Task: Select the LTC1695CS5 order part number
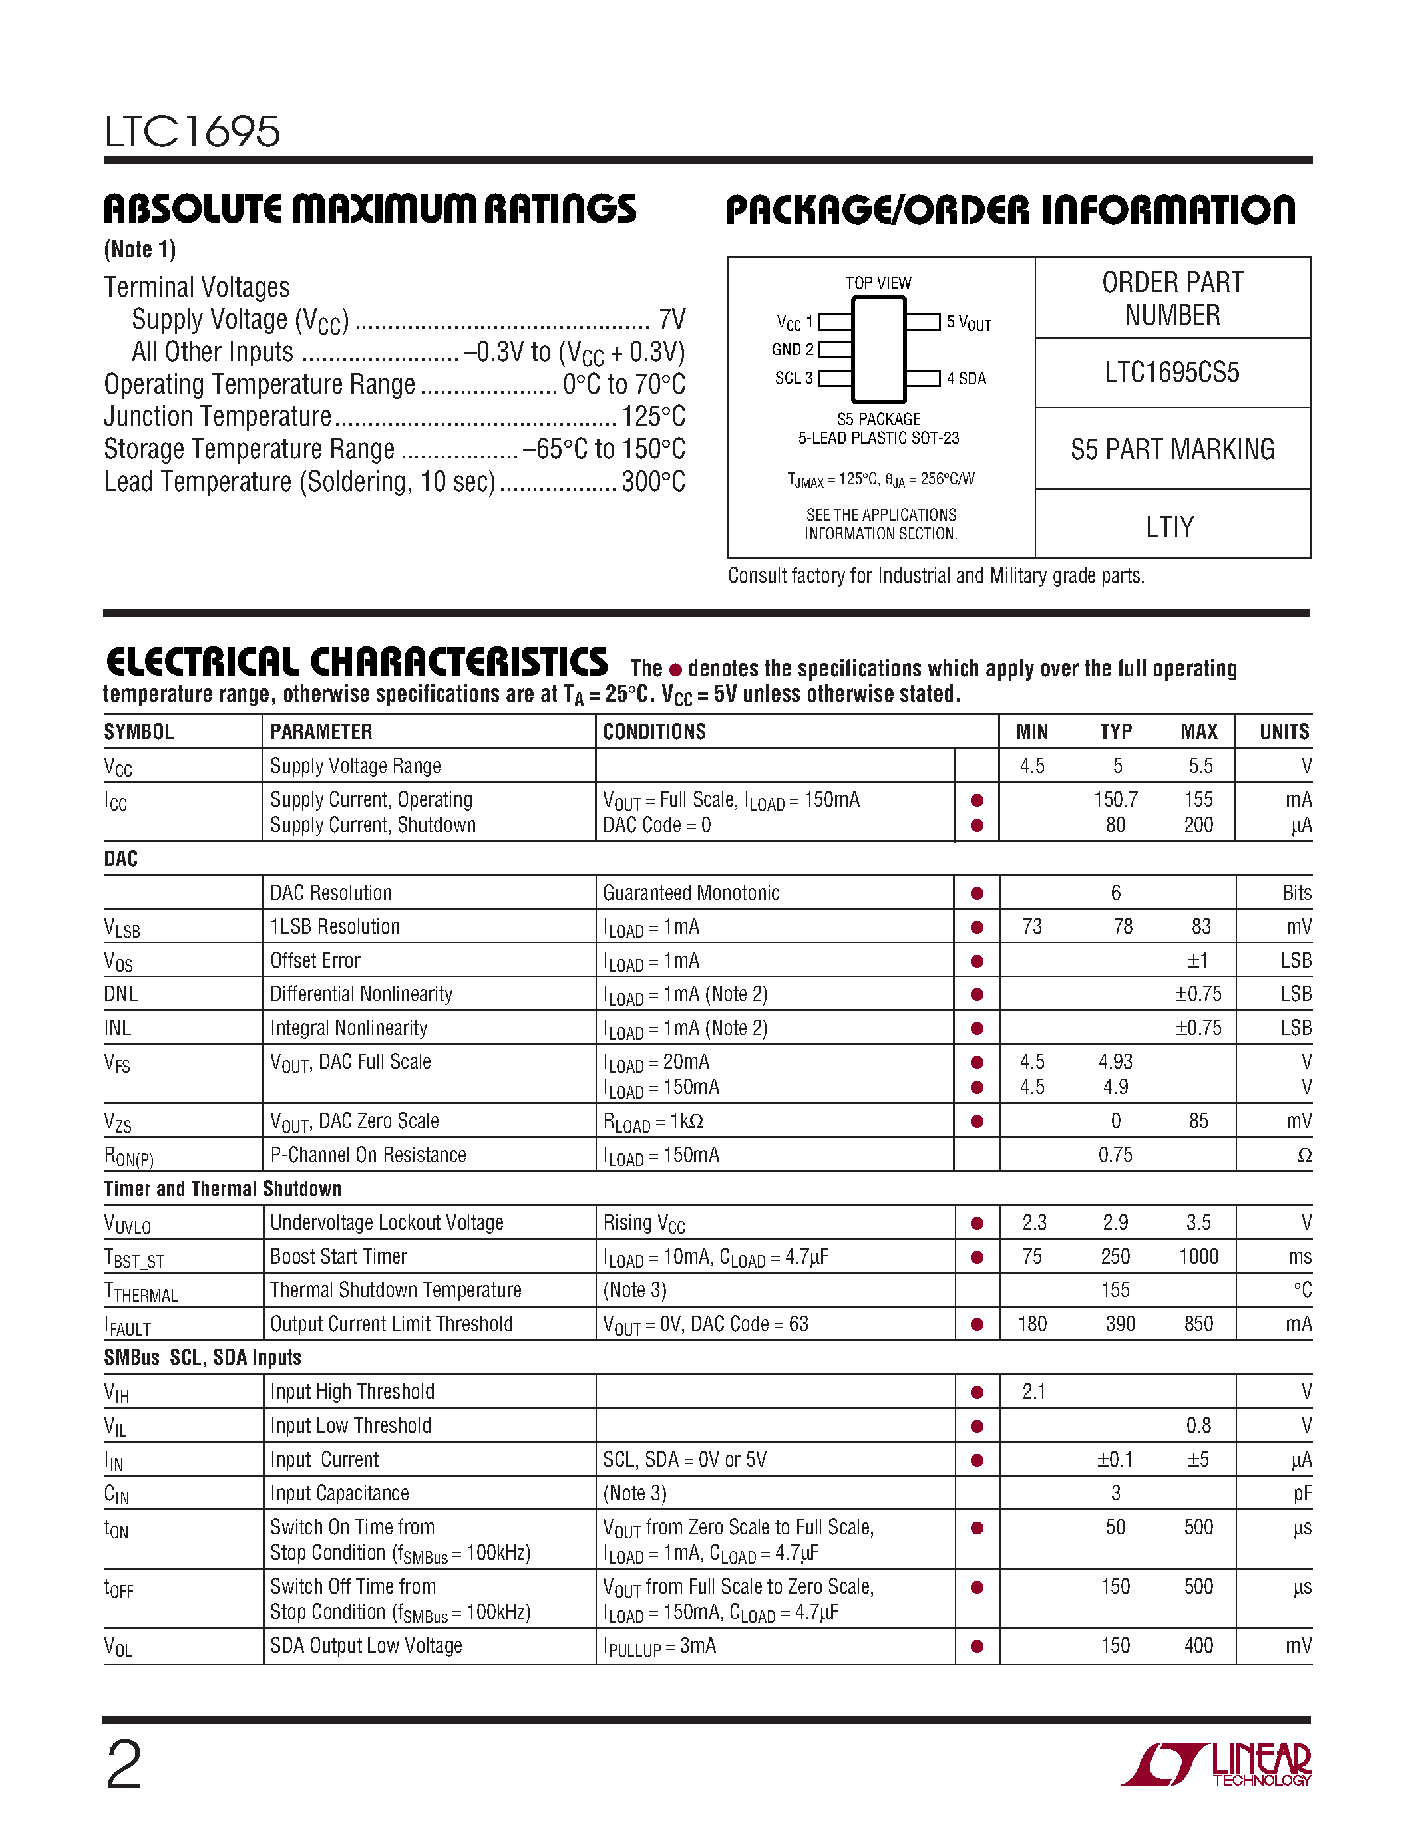pos(1171,372)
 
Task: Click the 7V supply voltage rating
pos(672,319)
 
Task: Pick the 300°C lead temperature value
pos(653,482)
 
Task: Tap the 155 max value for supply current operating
pos(1198,799)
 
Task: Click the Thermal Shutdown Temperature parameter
pos(395,1290)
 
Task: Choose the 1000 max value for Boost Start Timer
pos(1198,1256)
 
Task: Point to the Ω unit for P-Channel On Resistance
pos(1304,1156)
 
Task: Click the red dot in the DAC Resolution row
pos(977,894)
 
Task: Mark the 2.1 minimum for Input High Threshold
pos(1033,1392)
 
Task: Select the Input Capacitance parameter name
pos(339,1493)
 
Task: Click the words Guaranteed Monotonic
pos(691,893)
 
